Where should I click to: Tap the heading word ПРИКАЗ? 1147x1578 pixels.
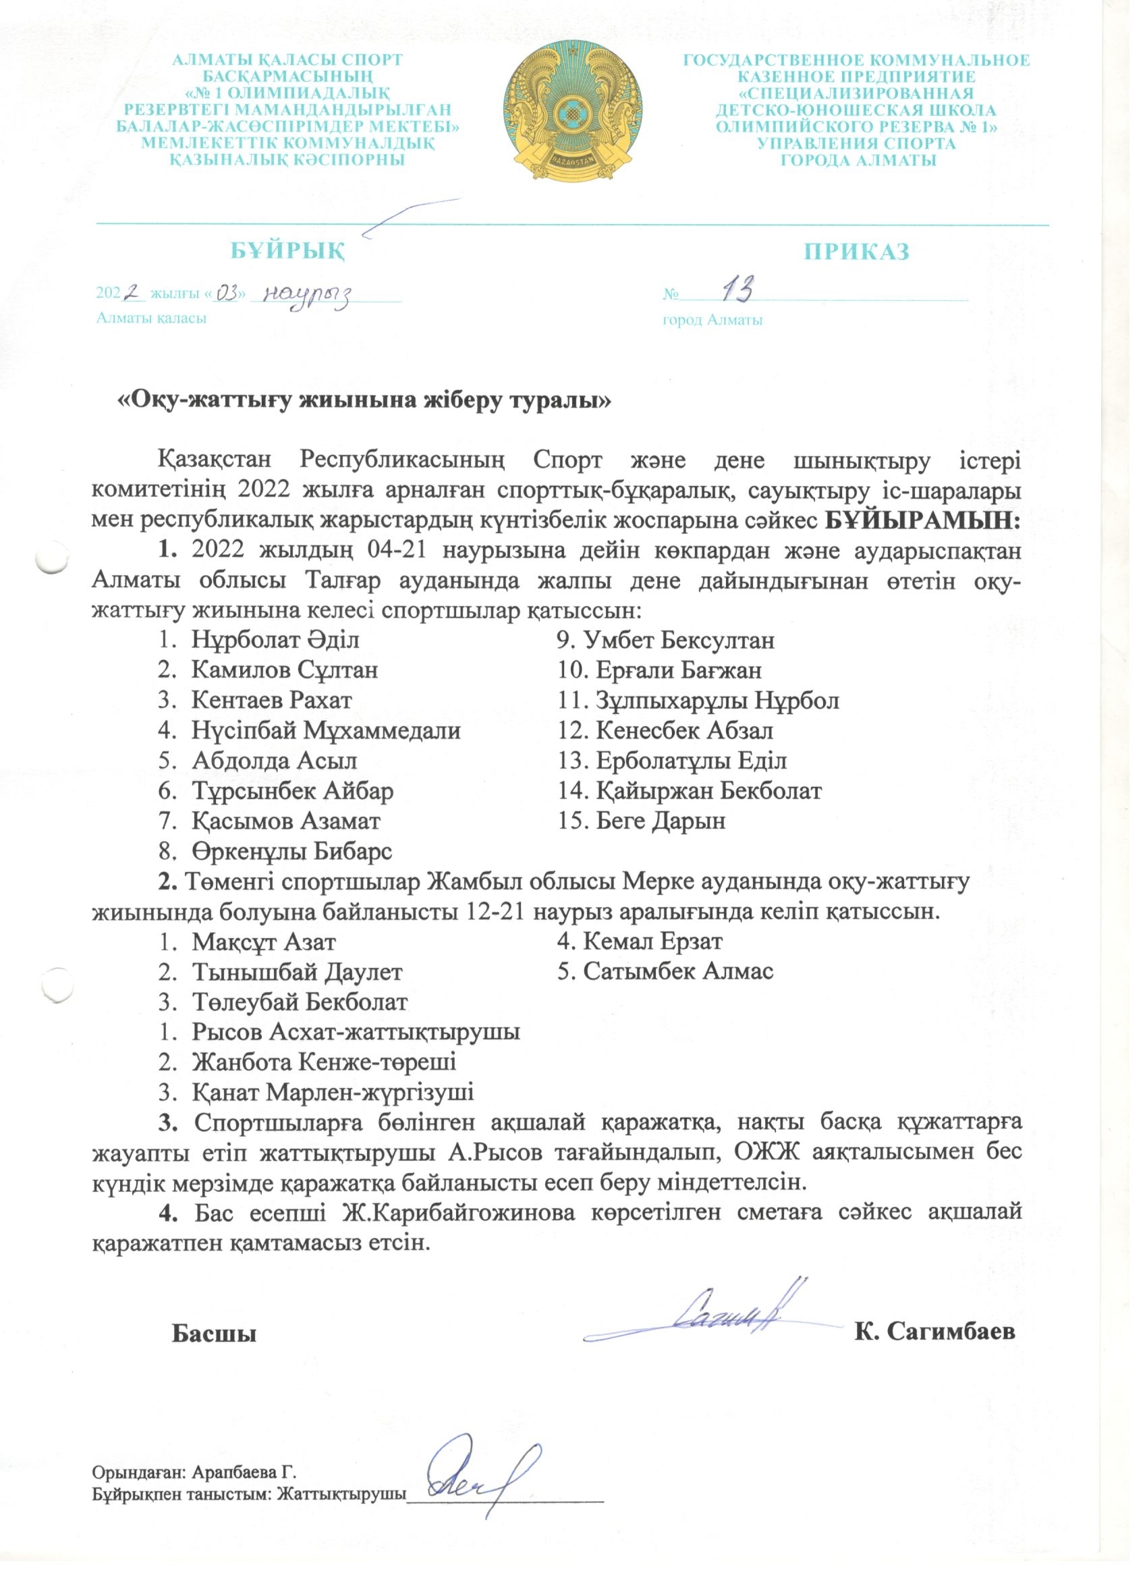pyautogui.click(x=856, y=252)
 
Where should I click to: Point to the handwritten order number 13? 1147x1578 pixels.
pyautogui.click(x=737, y=290)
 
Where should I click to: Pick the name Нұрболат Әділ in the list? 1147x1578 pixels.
pyautogui.click(x=275, y=640)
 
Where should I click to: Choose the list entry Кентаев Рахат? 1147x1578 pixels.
pyautogui.click(x=271, y=700)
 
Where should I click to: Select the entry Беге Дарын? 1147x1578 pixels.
pyautogui.click(x=661, y=821)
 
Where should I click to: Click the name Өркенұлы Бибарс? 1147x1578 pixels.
pyautogui.click(x=292, y=851)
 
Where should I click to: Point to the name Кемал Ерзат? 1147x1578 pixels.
pyautogui.click(x=652, y=942)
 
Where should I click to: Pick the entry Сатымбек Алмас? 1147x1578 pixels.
pyautogui.click(x=678, y=972)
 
